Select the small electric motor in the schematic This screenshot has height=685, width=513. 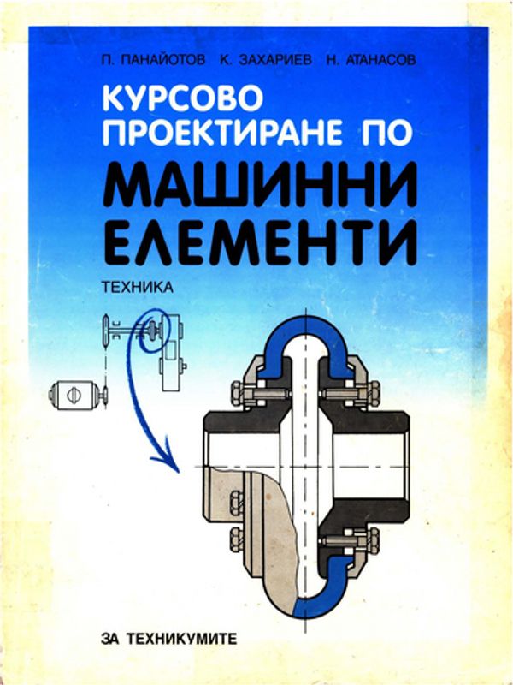click(73, 396)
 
